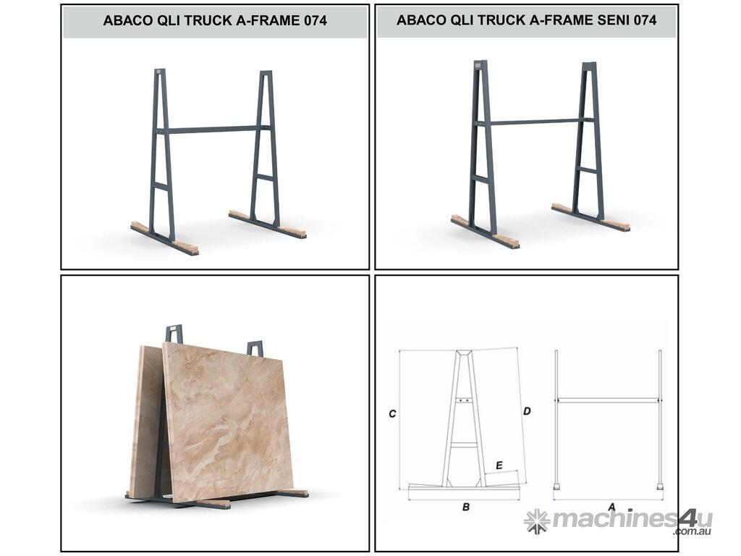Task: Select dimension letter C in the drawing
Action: tap(391, 413)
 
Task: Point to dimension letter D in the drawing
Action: tap(527, 411)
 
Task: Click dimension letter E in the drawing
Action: tap(499, 466)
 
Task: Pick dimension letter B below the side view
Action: tap(465, 507)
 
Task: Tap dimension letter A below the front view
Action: tap(611, 507)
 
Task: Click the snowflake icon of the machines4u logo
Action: tap(536, 521)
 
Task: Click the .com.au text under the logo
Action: tap(693, 531)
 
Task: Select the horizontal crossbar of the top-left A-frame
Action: tap(213, 129)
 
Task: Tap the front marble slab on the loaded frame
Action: tap(226, 421)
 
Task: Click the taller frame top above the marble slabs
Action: tap(174, 334)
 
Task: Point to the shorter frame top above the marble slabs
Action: tap(255, 348)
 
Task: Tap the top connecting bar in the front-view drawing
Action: tap(608, 400)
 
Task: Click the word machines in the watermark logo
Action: tap(614, 518)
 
